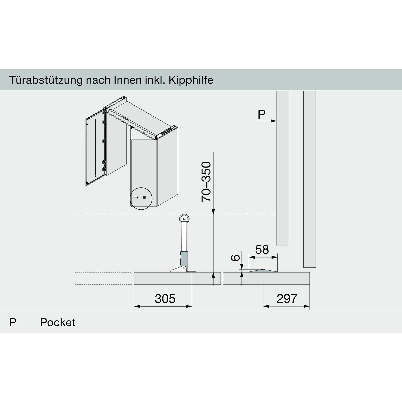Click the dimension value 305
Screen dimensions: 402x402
pos(165,299)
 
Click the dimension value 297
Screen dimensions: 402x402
pos(287,299)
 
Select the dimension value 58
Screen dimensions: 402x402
pos(262,250)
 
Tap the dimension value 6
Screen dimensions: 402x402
pos(235,258)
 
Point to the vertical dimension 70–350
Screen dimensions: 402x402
pos(206,181)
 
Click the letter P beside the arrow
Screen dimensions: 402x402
pos(261,114)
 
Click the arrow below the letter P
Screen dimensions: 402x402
pos(266,121)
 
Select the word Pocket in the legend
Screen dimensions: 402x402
pos(57,322)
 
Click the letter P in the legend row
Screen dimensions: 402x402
pos(13,322)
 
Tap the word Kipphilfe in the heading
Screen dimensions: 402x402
pos(191,80)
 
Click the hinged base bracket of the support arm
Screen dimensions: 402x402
pos(179,269)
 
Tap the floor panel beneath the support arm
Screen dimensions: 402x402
pos(177,278)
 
